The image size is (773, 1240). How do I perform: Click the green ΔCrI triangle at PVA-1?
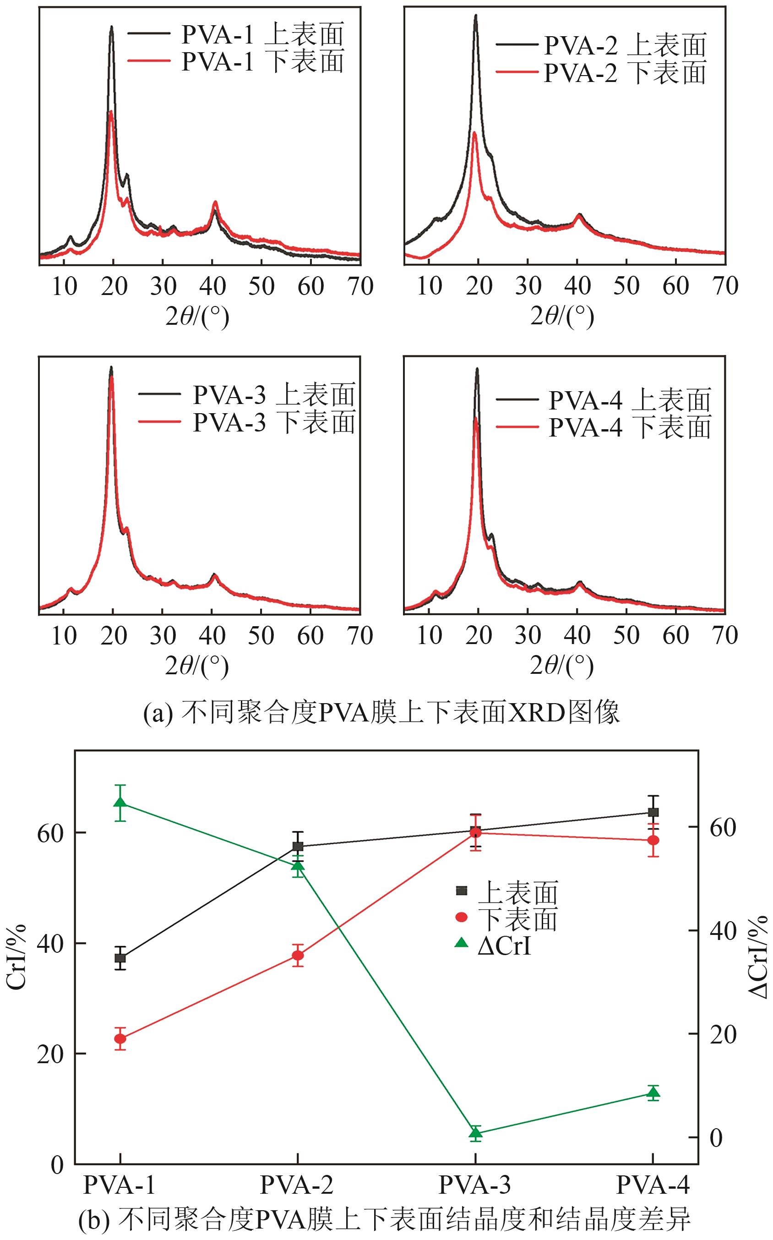[120, 802]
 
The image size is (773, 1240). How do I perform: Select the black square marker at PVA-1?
[120, 958]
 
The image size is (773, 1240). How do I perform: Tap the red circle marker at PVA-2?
[298, 955]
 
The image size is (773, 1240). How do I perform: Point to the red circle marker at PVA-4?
[653, 840]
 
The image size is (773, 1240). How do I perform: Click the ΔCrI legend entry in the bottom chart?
[504, 946]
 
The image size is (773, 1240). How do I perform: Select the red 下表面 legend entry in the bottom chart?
[517, 919]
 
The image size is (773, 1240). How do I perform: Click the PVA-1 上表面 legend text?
[262, 34]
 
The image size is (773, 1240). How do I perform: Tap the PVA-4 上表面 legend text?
[629, 400]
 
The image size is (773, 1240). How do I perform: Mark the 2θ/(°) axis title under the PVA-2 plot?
[562, 317]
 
